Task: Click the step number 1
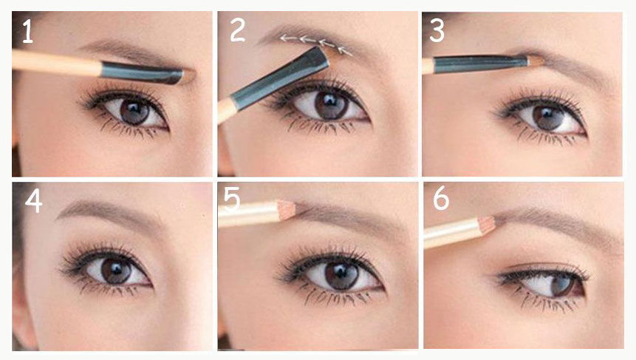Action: [27, 31]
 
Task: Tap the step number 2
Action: [238, 30]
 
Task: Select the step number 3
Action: [437, 30]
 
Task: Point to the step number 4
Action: [33, 201]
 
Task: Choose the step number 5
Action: [232, 199]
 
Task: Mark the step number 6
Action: [441, 198]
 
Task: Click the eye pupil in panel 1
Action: [134, 111]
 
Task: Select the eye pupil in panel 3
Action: [548, 117]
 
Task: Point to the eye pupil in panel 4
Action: [115, 270]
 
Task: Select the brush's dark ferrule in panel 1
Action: [142, 72]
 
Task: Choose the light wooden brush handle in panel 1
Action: [56, 64]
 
